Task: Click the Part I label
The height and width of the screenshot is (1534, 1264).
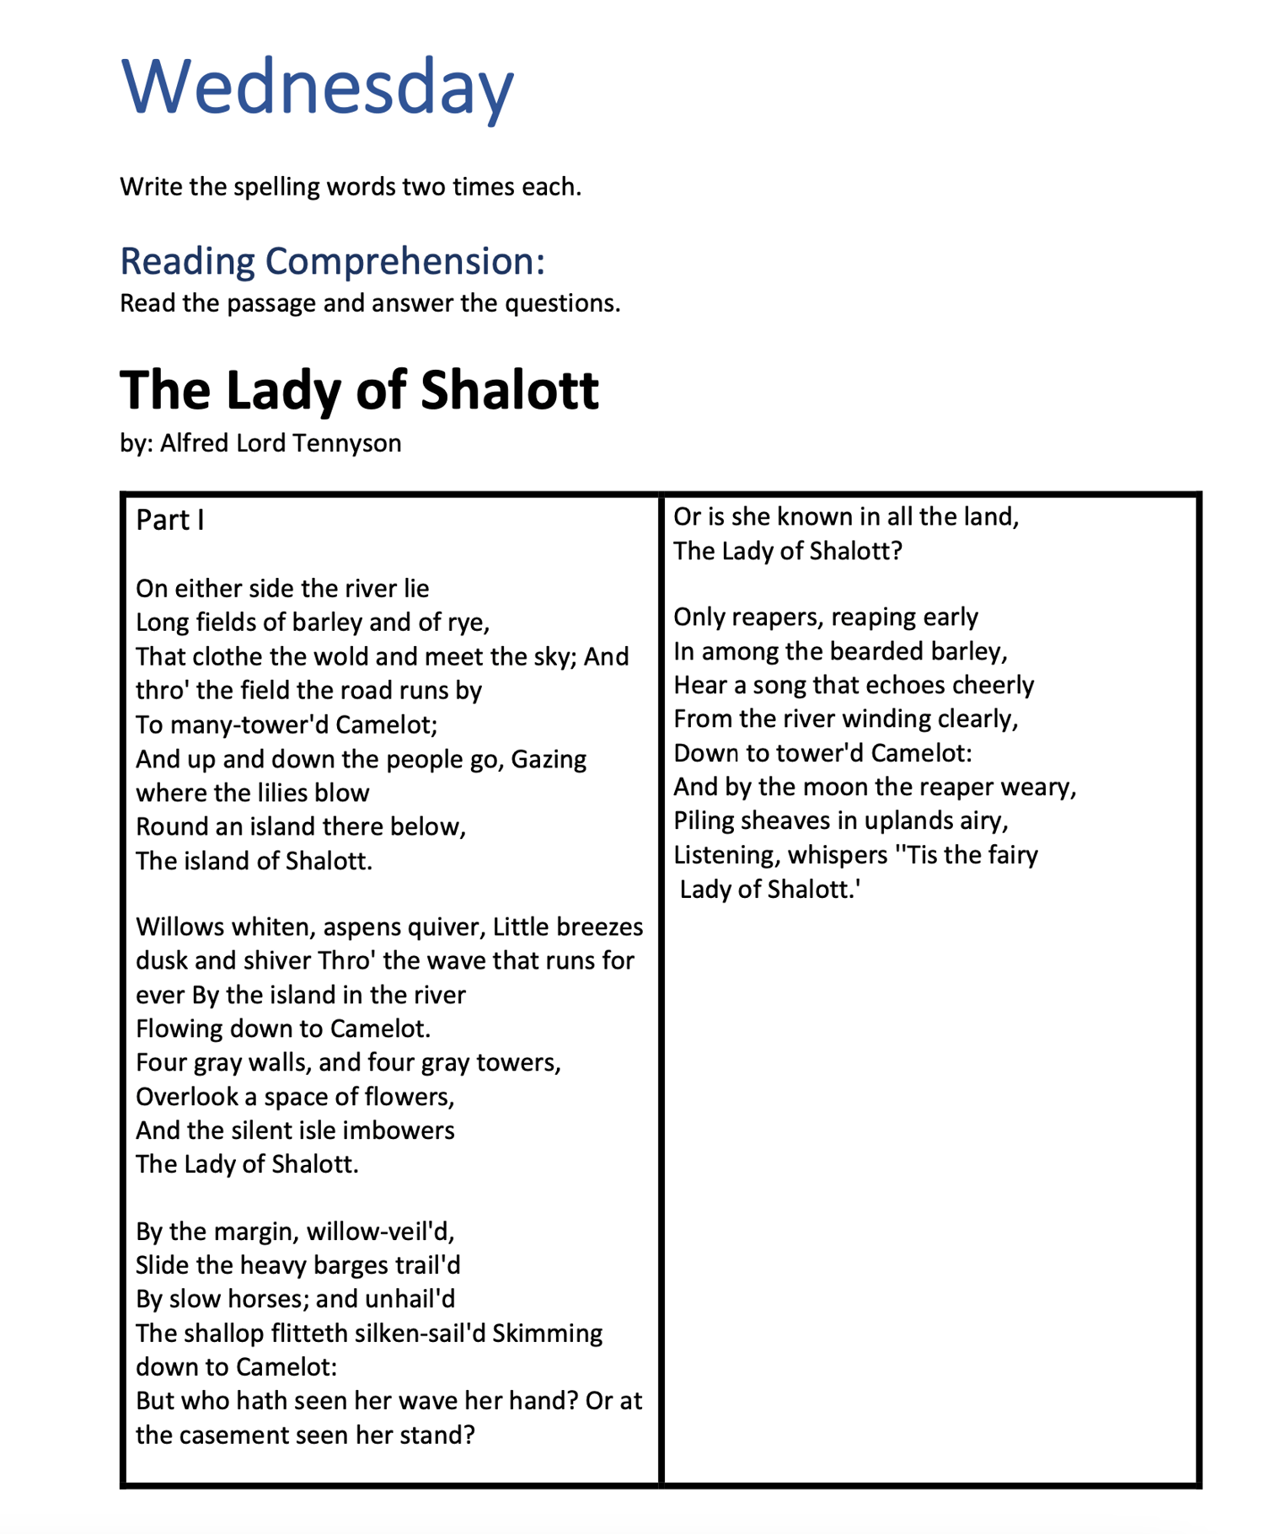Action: point(169,521)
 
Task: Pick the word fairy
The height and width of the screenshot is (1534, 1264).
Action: point(1010,855)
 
